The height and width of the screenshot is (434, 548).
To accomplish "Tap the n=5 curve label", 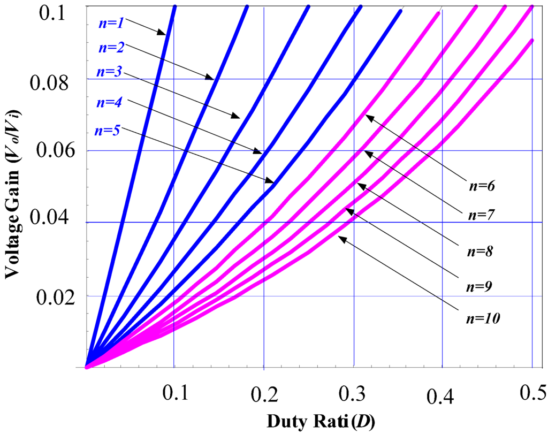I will click(106, 131).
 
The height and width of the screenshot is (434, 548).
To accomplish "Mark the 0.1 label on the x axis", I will click(173, 394).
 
